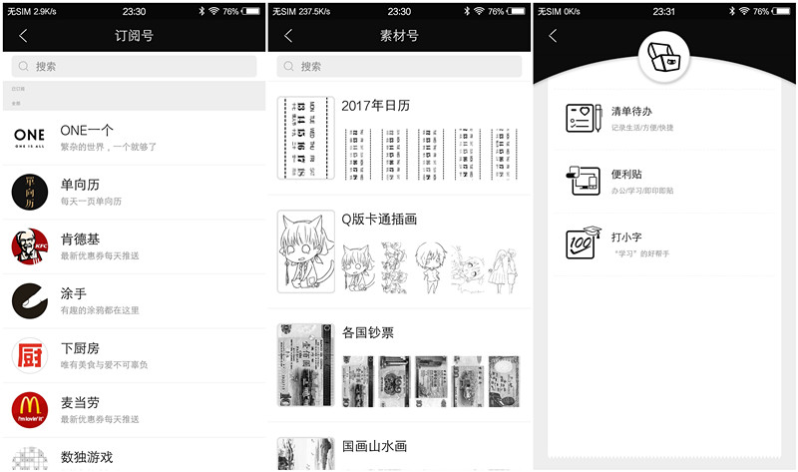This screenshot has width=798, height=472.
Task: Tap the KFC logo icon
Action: (x=29, y=246)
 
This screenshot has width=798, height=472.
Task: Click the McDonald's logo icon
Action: (x=29, y=410)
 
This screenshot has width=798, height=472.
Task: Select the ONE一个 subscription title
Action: (x=87, y=130)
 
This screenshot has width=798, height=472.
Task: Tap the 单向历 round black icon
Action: (x=29, y=192)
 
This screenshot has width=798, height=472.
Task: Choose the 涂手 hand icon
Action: (x=29, y=300)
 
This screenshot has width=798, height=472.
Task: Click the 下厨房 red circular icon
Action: (x=29, y=355)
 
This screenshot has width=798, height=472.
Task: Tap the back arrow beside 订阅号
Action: (x=23, y=36)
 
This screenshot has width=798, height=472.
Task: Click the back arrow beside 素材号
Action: (x=288, y=36)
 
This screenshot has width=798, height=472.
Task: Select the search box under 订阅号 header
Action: (x=134, y=67)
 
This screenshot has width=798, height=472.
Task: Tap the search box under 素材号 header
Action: (x=399, y=67)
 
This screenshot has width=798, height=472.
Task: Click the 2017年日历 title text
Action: (x=375, y=106)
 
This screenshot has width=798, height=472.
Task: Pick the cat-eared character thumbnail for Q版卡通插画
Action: (x=305, y=250)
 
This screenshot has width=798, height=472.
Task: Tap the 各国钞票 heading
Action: (x=368, y=332)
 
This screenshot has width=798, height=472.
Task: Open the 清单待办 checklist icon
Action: (x=583, y=118)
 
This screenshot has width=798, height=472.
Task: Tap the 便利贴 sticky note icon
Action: (x=583, y=181)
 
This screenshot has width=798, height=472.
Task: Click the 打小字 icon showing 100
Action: (x=583, y=243)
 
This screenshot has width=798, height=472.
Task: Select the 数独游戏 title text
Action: (x=87, y=457)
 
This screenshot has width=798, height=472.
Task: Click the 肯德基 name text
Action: (x=81, y=238)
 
